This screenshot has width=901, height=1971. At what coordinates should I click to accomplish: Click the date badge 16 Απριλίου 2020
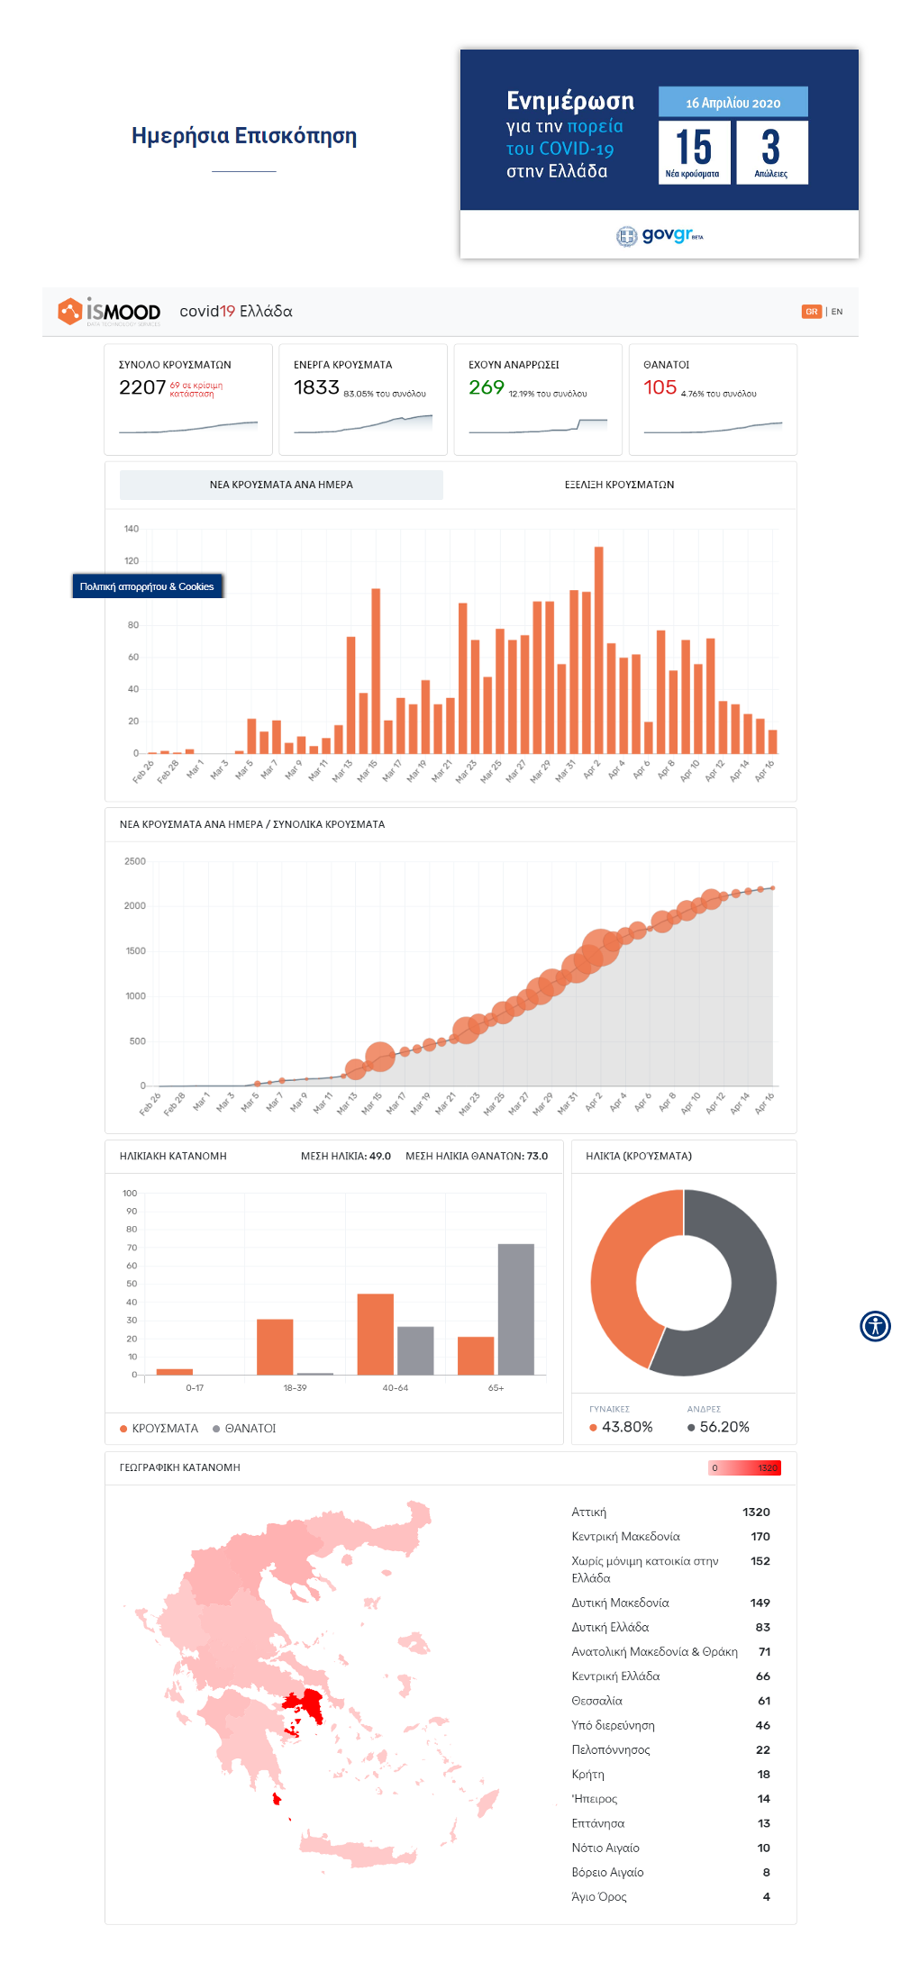[x=733, y=103]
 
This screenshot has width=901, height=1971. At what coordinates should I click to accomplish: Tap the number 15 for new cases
[x=694, y=147]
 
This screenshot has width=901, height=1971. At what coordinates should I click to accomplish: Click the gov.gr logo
[x=660, y=235]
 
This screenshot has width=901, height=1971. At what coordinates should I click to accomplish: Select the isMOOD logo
[x=109, y=312]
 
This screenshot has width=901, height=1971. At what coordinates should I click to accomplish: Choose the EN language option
[x=837, y=312]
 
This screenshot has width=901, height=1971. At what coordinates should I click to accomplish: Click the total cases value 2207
[x=142, y=387]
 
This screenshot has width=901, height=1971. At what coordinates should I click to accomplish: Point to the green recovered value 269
[x=486, y=387]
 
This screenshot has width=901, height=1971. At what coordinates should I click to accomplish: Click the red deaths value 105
[x=660, y=387]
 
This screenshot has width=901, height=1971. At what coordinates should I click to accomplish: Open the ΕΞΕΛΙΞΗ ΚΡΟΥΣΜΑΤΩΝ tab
[x=619, y=485]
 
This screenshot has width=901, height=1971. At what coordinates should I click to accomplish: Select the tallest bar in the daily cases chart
[x=598, y=649]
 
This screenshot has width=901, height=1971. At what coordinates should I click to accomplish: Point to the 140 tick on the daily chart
[x=132, y=529]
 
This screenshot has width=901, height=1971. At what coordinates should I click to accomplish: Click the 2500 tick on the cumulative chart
[x=135, y=861]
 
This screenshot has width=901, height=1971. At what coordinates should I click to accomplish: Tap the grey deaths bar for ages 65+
[x=515, y=1309]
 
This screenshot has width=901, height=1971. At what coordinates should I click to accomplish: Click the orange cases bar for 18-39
[x=275, y=1347]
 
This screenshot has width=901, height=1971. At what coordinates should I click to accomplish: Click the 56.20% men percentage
[x=724, y=1427]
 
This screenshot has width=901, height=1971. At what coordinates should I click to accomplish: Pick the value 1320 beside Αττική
[x=756, y=1512]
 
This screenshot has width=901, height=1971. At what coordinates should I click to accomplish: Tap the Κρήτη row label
[x=588, y=1775]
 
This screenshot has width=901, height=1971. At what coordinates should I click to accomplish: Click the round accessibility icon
[x=875, y=1326]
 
